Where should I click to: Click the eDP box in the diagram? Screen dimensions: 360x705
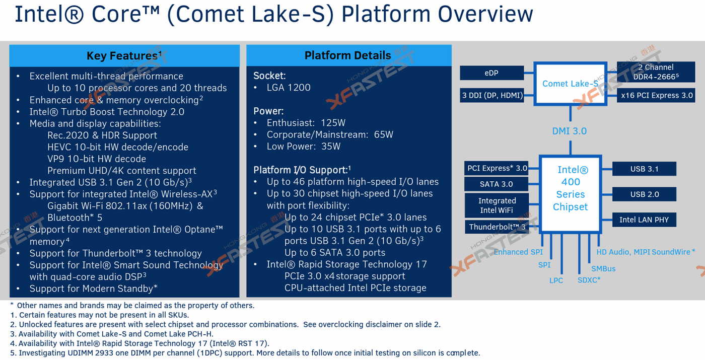(x=491, y=73)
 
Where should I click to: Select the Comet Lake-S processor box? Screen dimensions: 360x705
(x=570, y=84)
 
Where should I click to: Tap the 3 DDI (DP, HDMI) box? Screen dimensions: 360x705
(x=491, y=95)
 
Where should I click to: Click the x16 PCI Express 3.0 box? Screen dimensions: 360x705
(x=656, y=95)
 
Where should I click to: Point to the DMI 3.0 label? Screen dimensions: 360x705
(x=570, y=131)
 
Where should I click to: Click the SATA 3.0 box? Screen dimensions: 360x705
(x=496, y=184)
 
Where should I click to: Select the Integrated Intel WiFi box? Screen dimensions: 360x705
(x=497, y=205)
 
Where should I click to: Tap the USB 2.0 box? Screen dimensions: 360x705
(x=645, y=194)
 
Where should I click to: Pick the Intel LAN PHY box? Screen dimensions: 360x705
(x=644, y=220)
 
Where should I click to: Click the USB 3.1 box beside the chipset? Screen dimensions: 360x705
(x=645, y=169)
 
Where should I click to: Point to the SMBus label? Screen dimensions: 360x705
(x=603, y=269)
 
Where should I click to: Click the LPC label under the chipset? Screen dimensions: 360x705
(x=556, y=280)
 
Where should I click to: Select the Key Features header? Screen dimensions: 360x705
(x=124, y=55)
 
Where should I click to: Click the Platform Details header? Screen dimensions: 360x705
(x=347, y=55)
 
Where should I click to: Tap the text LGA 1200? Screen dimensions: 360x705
(x=289, y=88)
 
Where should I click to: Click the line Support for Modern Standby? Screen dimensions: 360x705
(x=94, y=289)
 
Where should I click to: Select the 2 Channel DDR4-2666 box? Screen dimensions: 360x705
(x=656, y=72)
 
